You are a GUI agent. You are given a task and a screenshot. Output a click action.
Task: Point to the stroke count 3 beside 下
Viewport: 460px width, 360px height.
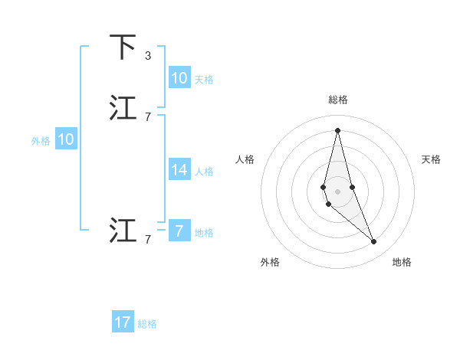point(148,55)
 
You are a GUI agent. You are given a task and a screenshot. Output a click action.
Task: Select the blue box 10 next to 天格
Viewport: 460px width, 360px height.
point(179,78)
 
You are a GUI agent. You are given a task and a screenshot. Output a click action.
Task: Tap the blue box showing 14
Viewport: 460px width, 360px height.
point(179,171)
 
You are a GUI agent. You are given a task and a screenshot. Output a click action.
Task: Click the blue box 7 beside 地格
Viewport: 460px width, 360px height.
point(179,231)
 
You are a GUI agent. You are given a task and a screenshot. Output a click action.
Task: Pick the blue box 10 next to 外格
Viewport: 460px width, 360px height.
point(66,139)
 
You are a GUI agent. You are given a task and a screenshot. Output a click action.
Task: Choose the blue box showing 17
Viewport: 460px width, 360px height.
point(123,322)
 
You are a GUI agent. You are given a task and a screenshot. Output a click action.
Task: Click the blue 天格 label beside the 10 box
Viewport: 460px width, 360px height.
point(204,79)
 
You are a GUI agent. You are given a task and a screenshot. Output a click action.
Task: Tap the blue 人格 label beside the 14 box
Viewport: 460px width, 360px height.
point(204,172)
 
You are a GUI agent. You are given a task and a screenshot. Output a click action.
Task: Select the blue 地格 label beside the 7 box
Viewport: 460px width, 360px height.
point(204,233)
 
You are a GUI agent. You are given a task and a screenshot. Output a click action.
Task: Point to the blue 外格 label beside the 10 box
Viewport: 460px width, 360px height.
point(41,141)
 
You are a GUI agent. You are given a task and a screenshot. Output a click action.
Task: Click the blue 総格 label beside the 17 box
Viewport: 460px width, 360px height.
point(147,324)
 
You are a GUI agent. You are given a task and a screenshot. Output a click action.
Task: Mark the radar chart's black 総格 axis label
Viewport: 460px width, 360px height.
point(338,100)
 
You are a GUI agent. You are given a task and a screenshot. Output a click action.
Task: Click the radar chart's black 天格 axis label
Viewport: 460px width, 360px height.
point(431,159)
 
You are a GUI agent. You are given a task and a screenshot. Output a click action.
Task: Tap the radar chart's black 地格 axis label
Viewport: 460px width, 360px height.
point(402,263)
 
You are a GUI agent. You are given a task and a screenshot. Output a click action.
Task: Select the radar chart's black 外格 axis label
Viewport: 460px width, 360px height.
point(270,263)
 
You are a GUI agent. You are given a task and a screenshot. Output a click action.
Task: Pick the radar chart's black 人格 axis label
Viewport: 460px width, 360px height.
point(245,159)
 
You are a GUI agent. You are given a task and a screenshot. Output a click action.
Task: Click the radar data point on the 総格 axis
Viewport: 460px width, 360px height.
point(337,129)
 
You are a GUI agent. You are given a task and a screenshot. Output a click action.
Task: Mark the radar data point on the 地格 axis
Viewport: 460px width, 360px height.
point(374,242)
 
